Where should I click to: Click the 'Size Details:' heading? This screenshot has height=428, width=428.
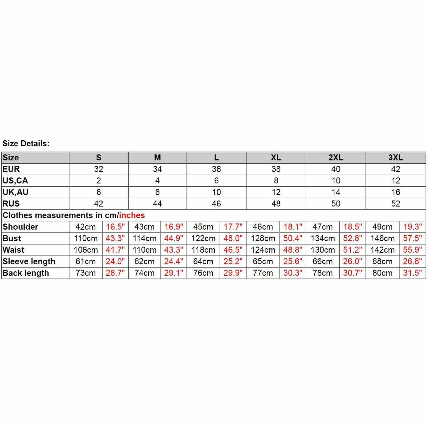pyautogui.click(x=26, y=144)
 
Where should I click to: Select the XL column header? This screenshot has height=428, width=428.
pyautogui.click(x=276, y=157)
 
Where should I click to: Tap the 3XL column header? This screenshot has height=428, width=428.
pyautogui.click(x=396, y=157)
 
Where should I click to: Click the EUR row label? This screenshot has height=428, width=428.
pyautogui.click(x=11, y=169)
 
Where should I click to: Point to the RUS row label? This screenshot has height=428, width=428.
pyautogui.click(x=11, y=204)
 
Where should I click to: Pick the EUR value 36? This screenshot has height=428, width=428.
pyautogui.click(x=216, y=169)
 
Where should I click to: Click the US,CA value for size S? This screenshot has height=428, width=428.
pyautogui.click(x=99, y=181)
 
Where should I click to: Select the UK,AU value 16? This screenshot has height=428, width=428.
pyautogui.click(x=396, y=192)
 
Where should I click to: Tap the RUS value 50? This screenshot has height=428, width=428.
pyautogui.click(x=336, y=204)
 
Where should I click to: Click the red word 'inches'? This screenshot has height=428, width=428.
pyautogui.click(x=132, y=215)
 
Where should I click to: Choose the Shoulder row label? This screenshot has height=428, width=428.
pyautogui.click(x=20, y=227)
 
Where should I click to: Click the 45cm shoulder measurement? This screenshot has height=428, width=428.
pyautogui.click(x=203, y=227)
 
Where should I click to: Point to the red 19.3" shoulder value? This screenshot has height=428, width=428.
pyautogui.click(x=412, y=227)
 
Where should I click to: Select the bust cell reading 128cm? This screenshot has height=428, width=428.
pyautogui.click(x=263, y=238)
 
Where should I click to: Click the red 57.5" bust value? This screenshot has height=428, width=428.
pyautogui.click(x=412, y=238)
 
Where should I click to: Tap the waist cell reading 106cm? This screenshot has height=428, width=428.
pyautogui.click(x=86, y=250)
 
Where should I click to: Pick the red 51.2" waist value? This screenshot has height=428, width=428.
pyautogui.click(x=352, y=250)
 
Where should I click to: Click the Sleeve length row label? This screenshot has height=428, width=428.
pyautogui.click(x=29, y=261)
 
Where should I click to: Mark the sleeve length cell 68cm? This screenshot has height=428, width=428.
pyautogui.click(x=382, y=261)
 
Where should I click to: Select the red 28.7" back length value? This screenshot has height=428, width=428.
pyautogui.click(x=115, y=273)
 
